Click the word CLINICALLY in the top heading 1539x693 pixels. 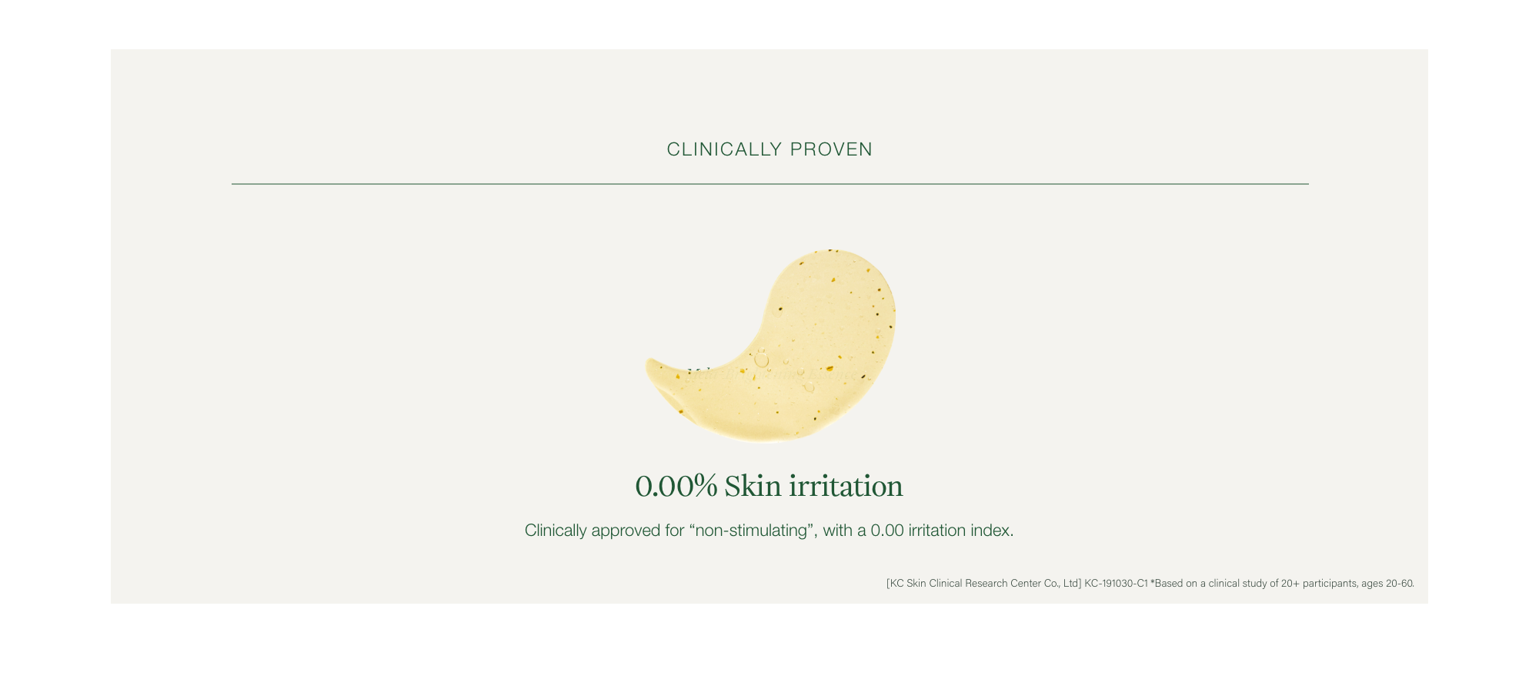724,149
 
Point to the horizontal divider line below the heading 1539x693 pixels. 769,184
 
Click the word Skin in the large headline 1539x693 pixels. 753,486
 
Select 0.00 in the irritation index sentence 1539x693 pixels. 887,531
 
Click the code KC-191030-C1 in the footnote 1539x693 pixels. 1116,584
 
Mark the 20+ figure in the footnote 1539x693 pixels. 1290,584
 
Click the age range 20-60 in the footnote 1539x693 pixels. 1400,584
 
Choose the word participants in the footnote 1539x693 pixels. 1330,584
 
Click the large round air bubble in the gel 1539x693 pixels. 761,359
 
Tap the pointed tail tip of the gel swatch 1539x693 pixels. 648,361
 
